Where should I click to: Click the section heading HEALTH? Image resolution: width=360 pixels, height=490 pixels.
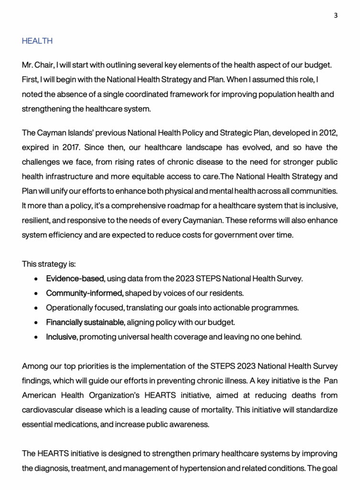point(37,41)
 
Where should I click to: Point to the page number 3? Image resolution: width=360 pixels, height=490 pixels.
point(336,15)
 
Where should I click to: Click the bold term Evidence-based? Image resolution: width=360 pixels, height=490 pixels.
point(75,278)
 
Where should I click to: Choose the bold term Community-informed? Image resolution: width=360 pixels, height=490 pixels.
point(85,293)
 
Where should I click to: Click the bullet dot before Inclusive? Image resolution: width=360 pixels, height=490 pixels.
point(36,337)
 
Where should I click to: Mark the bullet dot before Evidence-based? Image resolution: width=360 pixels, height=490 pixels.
point(36,279)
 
